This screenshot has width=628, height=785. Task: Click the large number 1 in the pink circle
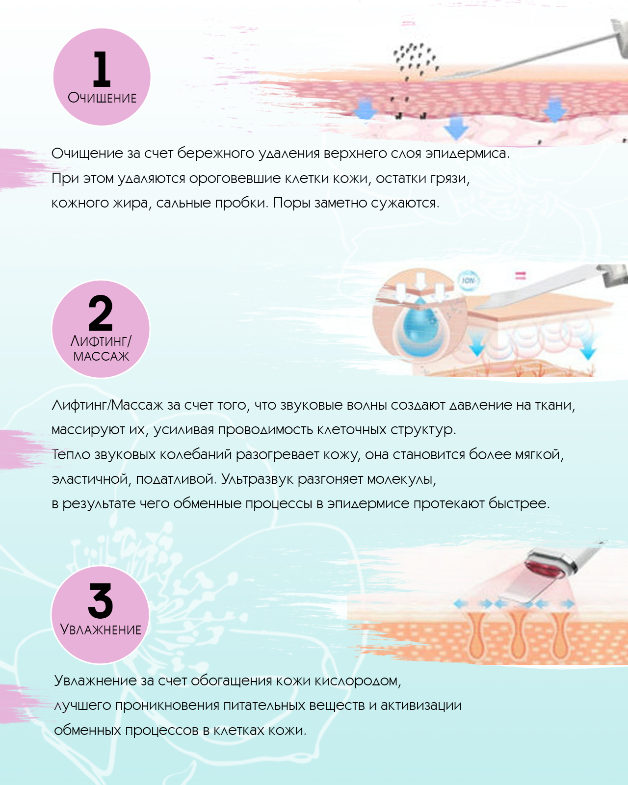point(102,69)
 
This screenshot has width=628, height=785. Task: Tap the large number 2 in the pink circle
point(101,313)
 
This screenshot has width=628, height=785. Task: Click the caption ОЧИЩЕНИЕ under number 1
point(102,98)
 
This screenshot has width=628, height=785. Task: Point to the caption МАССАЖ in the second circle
point(101,356)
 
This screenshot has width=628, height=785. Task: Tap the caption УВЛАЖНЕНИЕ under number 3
point(101,629)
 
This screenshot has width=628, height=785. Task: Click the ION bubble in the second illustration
point(468,281)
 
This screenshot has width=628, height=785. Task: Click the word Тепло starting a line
point(71,455)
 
